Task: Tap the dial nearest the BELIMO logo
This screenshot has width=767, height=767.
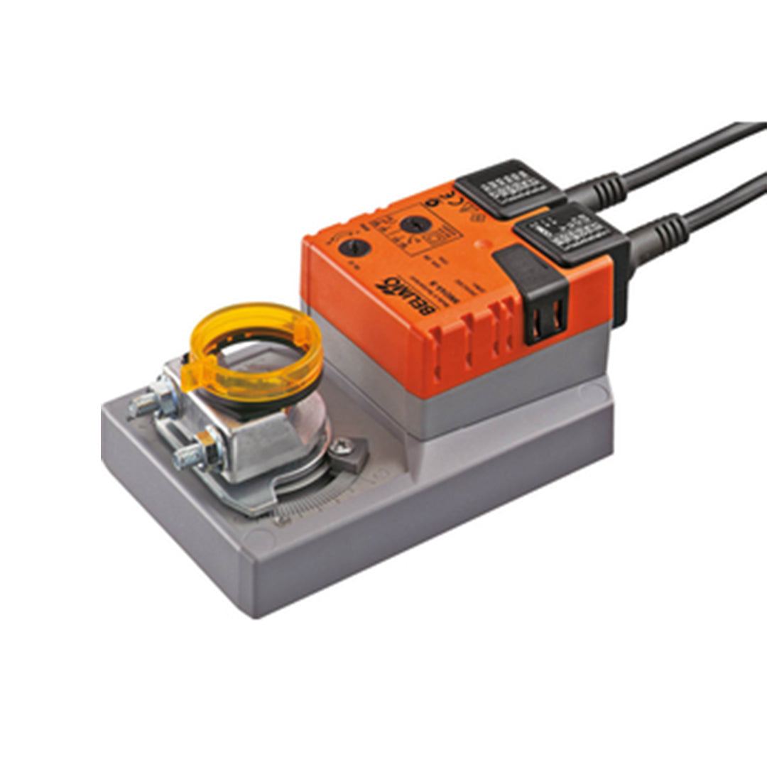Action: (x=354, y=247)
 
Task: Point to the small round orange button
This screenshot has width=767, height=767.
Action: (x=485, y=244)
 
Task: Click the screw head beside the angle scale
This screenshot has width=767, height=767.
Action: (x=342, y=445)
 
